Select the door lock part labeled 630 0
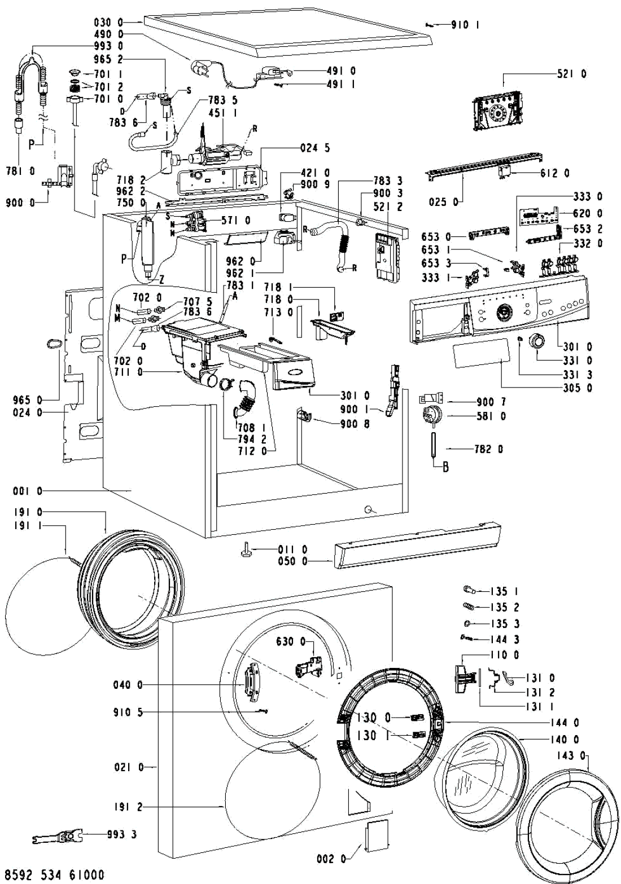pos(305,666)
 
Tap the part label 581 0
pos(490,416)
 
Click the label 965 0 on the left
pos(27,399)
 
